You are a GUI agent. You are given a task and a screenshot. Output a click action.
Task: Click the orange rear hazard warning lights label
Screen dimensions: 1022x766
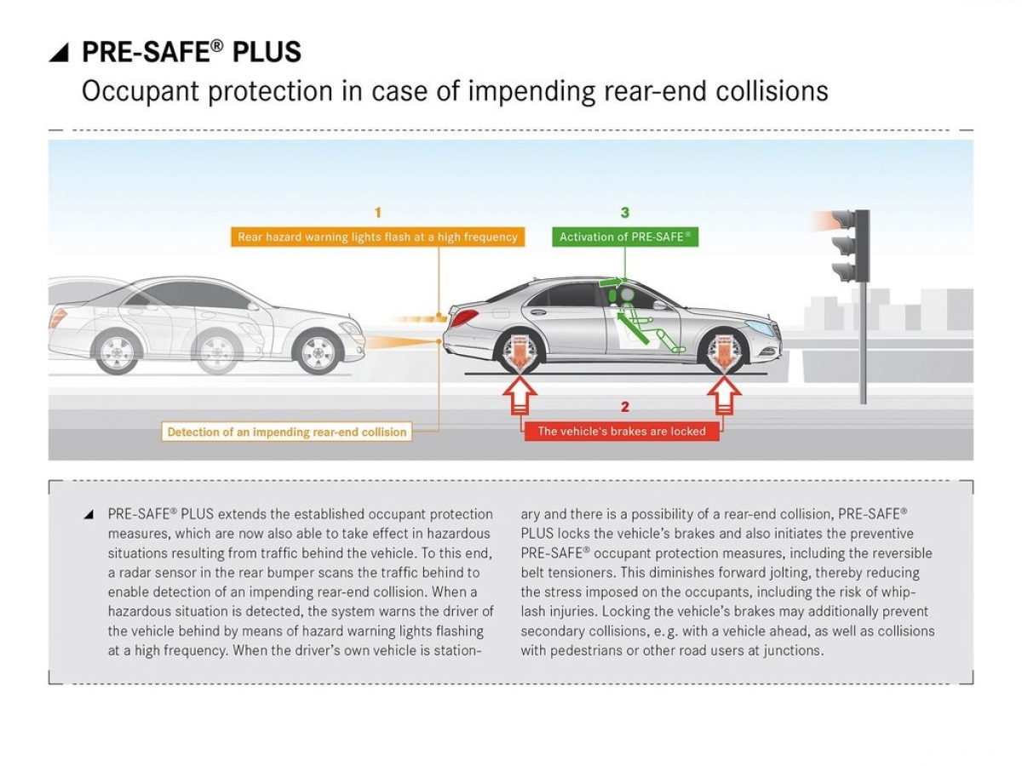click(377, 237)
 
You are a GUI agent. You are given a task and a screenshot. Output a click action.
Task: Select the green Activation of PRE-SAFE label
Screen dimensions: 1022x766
click(625, 237)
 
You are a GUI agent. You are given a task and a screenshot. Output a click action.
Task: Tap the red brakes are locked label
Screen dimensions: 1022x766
click(622, 432)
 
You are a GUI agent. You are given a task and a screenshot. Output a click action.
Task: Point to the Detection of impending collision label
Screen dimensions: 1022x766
click(287, 432)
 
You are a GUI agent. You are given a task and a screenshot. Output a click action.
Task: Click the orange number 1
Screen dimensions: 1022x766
click(378, 213)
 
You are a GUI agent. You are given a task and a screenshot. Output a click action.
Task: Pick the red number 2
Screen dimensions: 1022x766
click(625, 407)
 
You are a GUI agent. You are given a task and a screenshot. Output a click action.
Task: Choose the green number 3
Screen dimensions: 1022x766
click(625, 213)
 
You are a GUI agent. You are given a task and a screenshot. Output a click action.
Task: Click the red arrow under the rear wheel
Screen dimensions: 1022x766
click(520, 395)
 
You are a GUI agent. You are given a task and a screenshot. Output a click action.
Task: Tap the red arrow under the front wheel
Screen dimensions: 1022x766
click(724, 395)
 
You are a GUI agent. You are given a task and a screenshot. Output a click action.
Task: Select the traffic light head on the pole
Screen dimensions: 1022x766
click(850, 246)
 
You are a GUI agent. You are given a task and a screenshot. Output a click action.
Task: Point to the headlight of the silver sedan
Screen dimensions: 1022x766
click(760, 327)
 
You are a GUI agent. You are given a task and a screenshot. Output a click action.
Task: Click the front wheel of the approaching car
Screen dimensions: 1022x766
click(319, 352)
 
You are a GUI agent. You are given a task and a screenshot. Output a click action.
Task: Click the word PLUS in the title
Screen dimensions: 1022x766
click(267, 52)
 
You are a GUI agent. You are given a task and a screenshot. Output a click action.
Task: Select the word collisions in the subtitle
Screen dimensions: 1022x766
click(772, 91)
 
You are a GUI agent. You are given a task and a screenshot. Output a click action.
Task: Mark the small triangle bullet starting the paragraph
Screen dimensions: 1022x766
click(89, 514)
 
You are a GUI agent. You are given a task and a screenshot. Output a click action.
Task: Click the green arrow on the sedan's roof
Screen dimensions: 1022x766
click(611, 282)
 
